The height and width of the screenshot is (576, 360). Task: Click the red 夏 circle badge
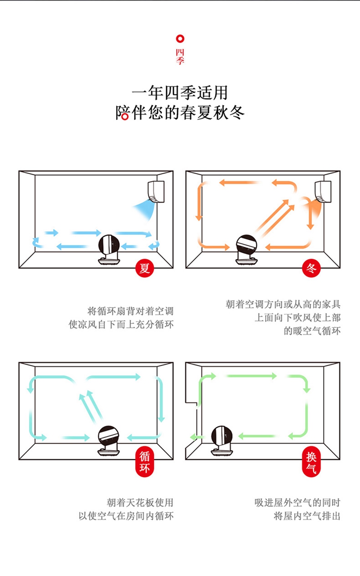pos(144,268)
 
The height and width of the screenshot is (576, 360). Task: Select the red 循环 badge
pos(144,461)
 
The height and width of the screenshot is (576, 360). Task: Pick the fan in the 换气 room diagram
pos(221,441)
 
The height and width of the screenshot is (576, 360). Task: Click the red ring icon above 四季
pos(180,39)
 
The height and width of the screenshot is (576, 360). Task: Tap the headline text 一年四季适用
pos(180,92)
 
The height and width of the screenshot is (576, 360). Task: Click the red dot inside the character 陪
pos(124,116)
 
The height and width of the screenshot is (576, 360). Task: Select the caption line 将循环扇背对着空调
pos(130,311)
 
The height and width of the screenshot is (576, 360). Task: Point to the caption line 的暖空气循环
pos(312,331)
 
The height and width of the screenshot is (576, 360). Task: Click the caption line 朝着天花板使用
pos(140,503)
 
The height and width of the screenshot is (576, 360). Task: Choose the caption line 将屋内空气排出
pos(307,516)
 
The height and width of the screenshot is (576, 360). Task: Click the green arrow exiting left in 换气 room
pos(196,436)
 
